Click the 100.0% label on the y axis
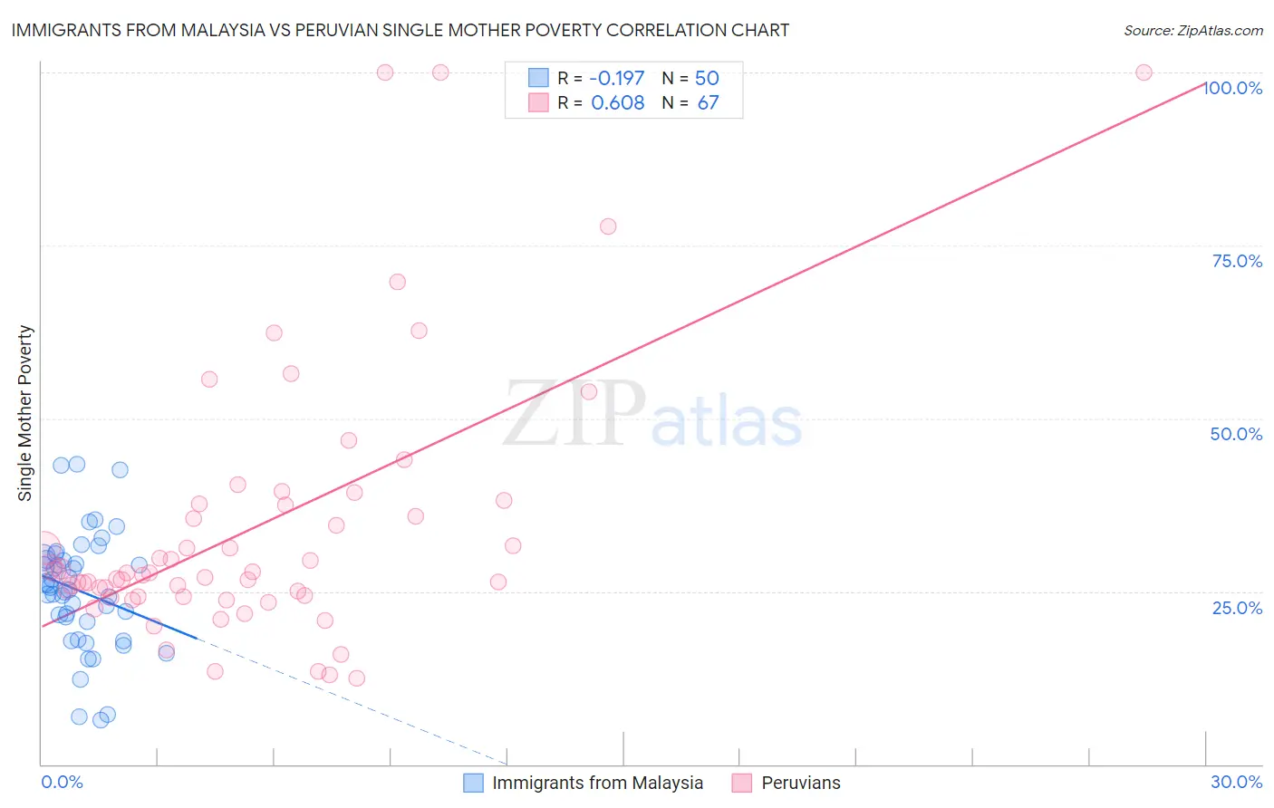pos(1233,88)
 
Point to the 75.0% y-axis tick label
pos(1237,261)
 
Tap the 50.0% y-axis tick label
pos(1236,434)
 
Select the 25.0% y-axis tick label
pos(1237,608)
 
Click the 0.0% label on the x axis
pos(62,782)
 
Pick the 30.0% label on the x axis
pos(1236,782)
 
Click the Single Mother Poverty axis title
pos(25,413)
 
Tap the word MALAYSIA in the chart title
pos(219,30)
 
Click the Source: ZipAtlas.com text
pos(1192,30)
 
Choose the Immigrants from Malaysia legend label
pos(597,783)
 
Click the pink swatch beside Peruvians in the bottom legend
pos(742,783)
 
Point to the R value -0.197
pos(616,78)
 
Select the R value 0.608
pos(617,102)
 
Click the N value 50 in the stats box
pos(707,78)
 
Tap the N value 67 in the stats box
pos(708,102)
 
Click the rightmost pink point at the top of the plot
pos(1144,72)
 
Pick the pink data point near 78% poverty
pos(608,226)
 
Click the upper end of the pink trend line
pos(1204,82)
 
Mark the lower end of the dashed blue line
pos(506,764)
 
